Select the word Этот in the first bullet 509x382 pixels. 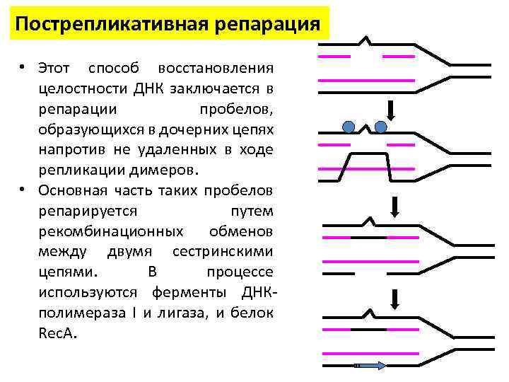pyautogui.click(x=54, y=69)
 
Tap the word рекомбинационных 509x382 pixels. pyautogui.click(x=113, y=232)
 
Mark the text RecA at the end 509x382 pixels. pyautogui.click(x=57, y=334)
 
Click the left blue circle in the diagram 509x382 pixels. pyautogui.click(x=348, y=127)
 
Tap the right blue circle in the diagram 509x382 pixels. pyautogui.click(x=381, y=127)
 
